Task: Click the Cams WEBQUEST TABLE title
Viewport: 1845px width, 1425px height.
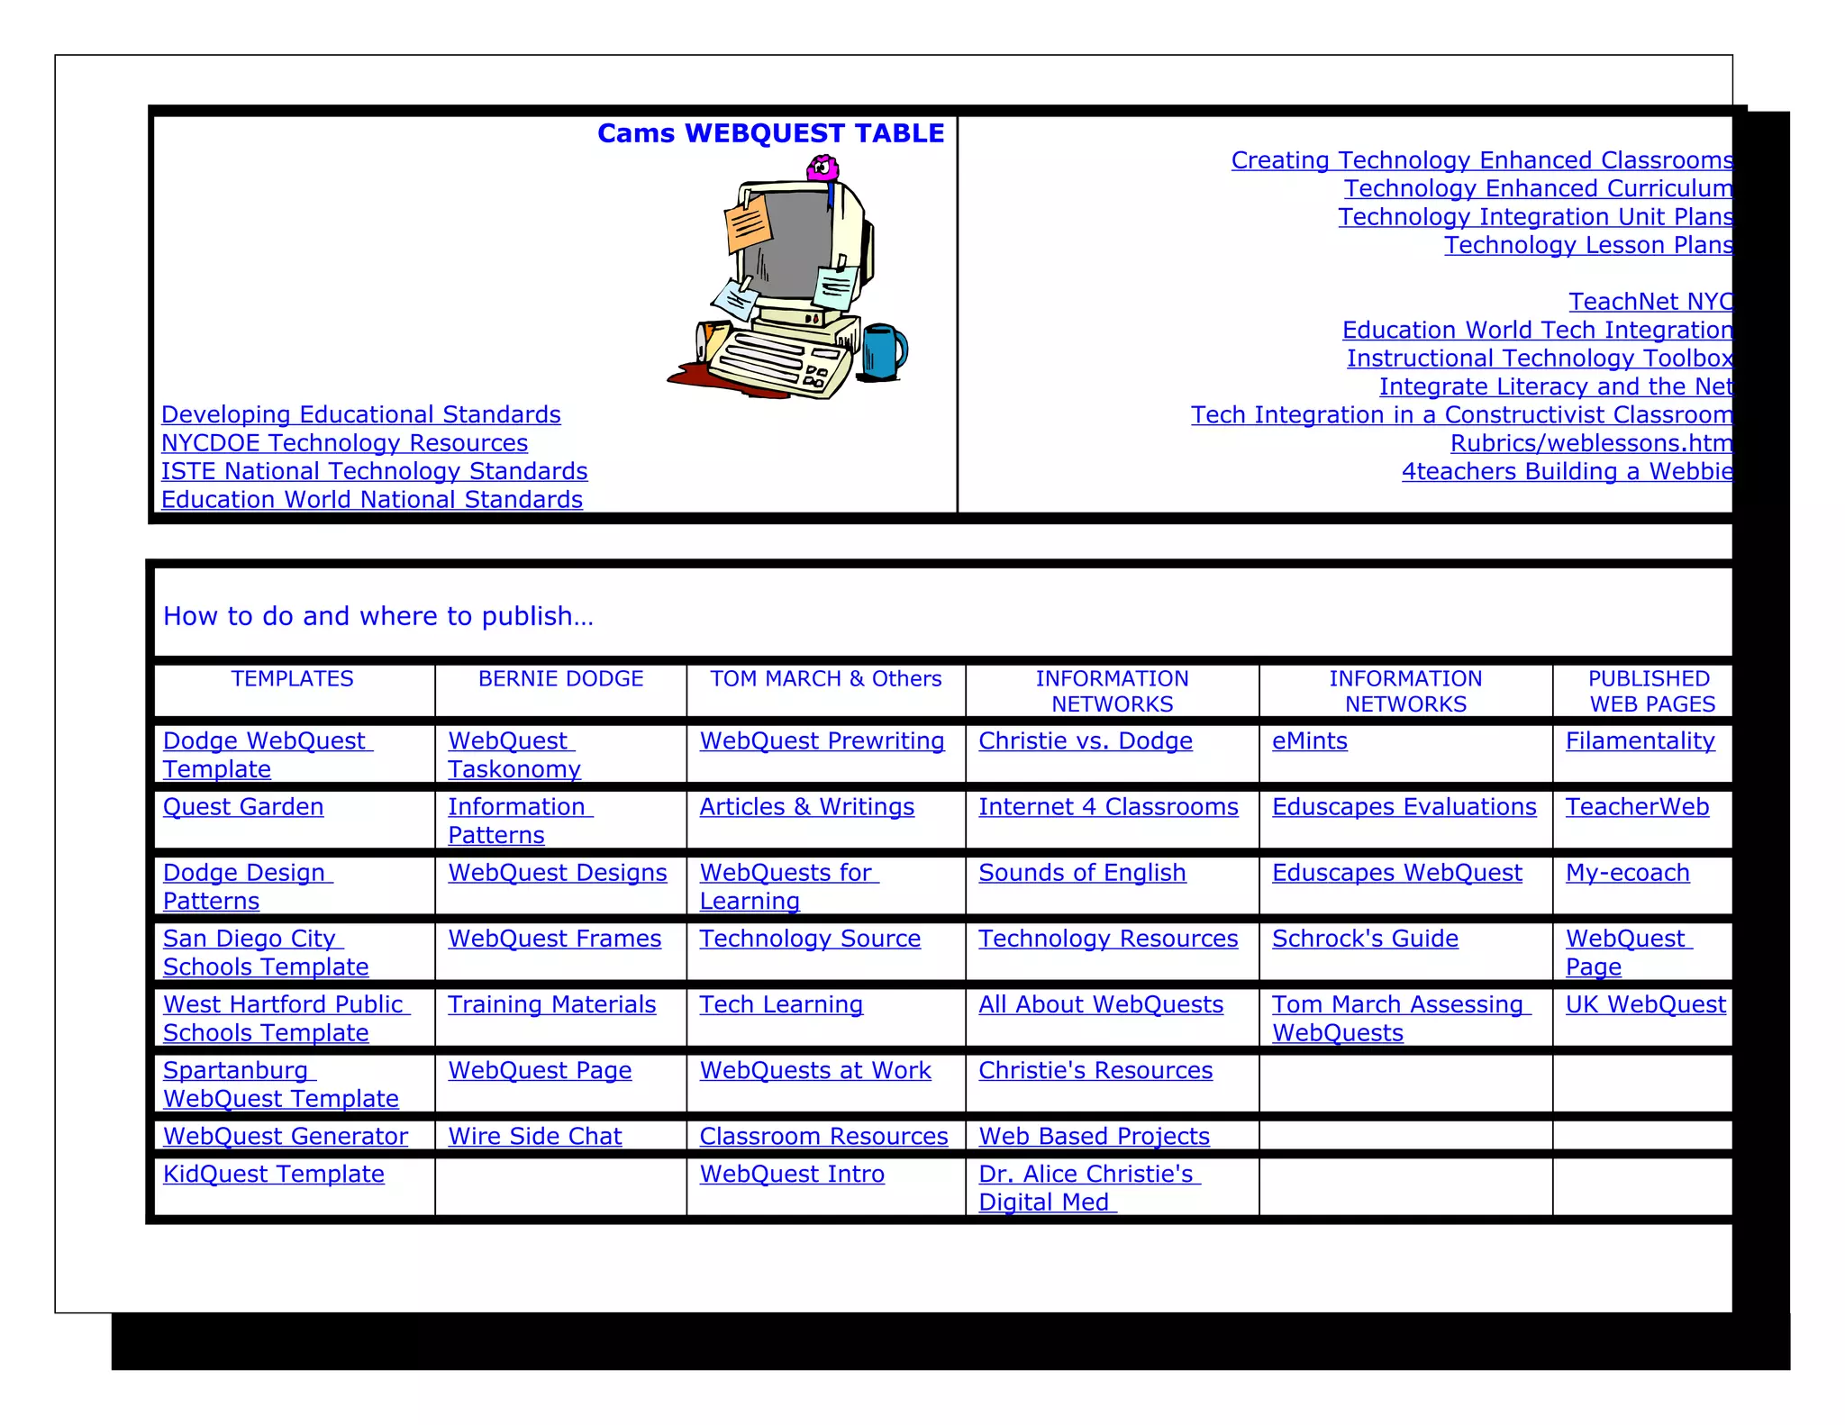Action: pyautogui.click(x=770, y=133)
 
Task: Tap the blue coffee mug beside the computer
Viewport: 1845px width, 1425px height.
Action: pyautogui.click(x=883, y=351)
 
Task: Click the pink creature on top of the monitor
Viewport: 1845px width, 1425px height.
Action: pyautogui.click(x=822, y=168)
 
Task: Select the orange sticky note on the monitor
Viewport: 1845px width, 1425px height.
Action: pyautogui.click(x=748, y=223)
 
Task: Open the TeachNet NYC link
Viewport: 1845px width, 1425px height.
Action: pyautogui.click(x=1650, y=302)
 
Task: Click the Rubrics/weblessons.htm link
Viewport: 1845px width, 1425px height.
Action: pyautogui.click(x=1590, y=443)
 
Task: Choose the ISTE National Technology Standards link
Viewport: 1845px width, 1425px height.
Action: pyautogui.click(x=374, y=471)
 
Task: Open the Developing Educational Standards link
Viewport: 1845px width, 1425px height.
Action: pyautogui.click(x=360, y=414)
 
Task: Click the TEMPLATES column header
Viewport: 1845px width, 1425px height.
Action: pyautogui.click(x=292, y=679)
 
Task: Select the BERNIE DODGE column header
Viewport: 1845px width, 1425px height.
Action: pyautogui.click(x=560, y=679)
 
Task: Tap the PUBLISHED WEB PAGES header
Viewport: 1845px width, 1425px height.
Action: pyautogui.click(x=1650, y=691)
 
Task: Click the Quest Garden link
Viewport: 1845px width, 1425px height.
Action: pyautogui.click(x=243, y=807)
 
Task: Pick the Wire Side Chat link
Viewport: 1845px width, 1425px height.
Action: pyautogui.click(x=535, y=1137)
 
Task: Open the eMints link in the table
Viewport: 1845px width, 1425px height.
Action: pyautogui.click(x=1309, y=741)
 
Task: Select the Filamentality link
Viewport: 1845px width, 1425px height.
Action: pyautogui.click(x=1640, y=741)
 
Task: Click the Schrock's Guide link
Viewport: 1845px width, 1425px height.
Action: pyautogui.click(x=1365, y=939)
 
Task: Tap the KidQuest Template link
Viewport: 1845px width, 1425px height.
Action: pyautogui.click(x=273, y=1175)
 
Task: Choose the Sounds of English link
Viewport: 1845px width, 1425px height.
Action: pyautogui.click(x=1082, y=873)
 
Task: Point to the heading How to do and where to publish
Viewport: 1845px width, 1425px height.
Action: pyautogui.click(x=378, y=616)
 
